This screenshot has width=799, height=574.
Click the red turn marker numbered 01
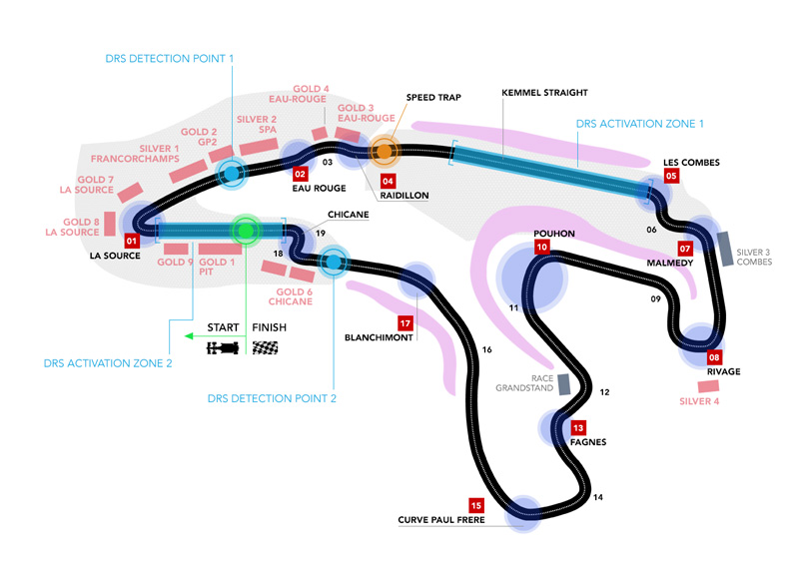click(131, 241)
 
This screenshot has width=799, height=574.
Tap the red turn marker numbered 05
click(671, 176)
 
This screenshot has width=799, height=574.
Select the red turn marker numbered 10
click(541, 247)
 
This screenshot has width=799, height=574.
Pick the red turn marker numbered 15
click(475, 504)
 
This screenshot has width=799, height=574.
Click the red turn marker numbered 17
click(404, 323)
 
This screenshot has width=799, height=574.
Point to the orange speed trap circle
click(384, 152)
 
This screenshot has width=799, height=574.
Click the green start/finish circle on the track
click(245, 231)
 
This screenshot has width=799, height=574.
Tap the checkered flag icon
click(266, 348)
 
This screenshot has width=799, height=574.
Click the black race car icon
click(224, 348)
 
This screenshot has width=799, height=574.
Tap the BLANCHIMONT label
click(379, 337)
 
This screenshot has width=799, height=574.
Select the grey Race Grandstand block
click(564, 382)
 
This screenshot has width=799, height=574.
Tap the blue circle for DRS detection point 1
click(231, 173)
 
